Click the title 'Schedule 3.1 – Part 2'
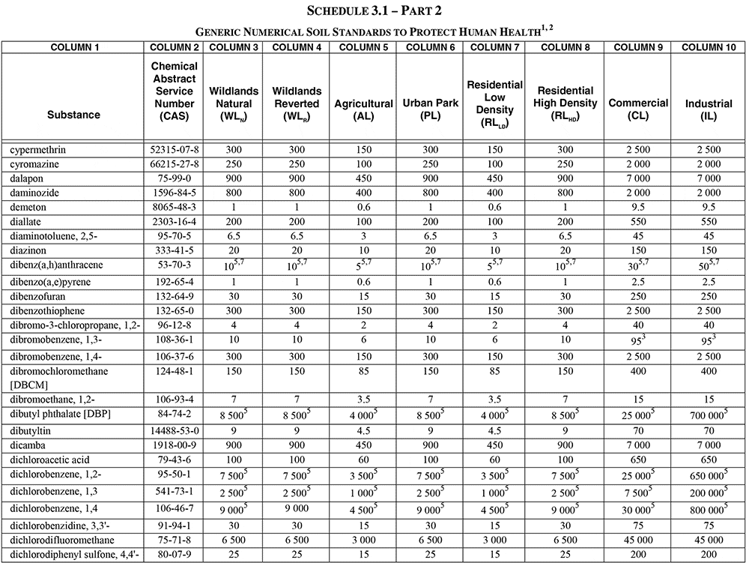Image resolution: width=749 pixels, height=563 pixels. (x=374, y=10)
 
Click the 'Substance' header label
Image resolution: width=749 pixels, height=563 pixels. (x=73, y=115)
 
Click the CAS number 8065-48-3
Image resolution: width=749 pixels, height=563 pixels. (x=175, y=205)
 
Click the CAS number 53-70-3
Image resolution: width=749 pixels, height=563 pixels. (x=175, y=265)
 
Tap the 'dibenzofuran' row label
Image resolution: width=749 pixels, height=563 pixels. (x=36, y=297)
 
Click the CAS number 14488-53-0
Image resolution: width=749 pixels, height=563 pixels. (x=175, y=432)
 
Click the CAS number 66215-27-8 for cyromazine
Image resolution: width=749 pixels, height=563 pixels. (x=175, y=163)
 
